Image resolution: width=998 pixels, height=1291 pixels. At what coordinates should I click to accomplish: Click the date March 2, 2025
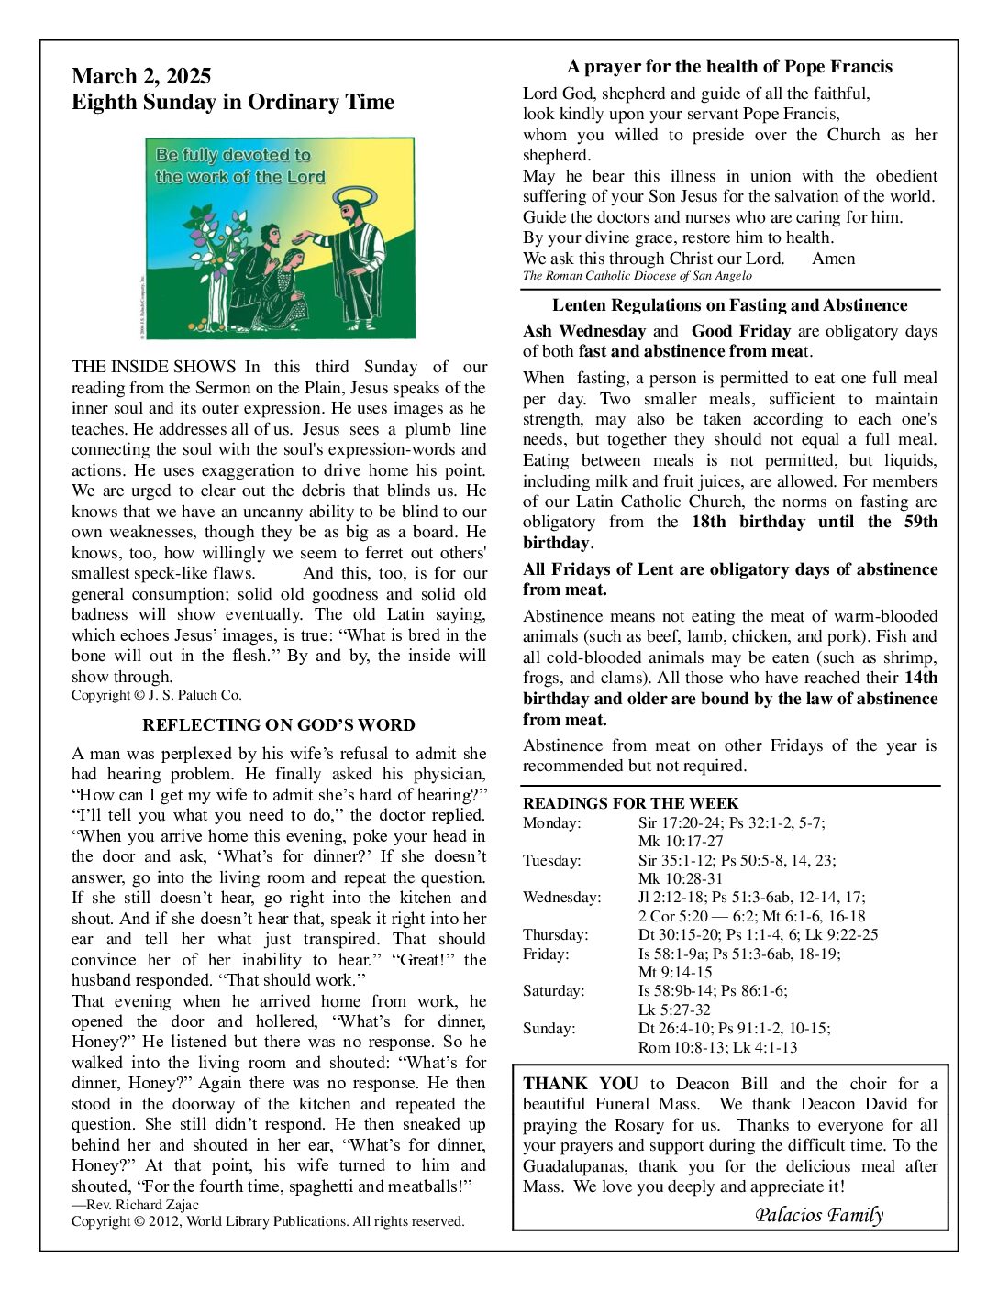coord(141,76)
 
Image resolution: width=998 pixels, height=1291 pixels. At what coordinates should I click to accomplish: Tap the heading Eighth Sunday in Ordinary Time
coord(233,102)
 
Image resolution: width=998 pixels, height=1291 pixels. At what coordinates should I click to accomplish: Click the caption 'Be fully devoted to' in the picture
coord(233,155)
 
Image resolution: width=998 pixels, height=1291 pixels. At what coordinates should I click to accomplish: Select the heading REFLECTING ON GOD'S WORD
coord(279,725)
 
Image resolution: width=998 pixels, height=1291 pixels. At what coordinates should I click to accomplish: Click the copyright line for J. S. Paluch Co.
coord(157,695)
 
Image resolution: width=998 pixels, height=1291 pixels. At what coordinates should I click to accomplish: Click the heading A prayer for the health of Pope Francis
coord(729,66)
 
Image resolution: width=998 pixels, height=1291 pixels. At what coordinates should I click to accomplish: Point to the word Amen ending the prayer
coord(833,259)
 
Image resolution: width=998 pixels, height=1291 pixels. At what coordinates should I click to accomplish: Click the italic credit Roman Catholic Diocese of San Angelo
coord(638,276)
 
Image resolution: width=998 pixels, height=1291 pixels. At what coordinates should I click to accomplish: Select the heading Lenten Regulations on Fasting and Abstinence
coord(729,305)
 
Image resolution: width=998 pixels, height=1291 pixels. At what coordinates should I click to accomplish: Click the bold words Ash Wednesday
coord(584,331)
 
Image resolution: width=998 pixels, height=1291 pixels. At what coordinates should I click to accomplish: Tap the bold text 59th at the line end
coord(917,522)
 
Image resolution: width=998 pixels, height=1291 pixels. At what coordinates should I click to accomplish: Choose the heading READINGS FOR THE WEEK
coord(630,803)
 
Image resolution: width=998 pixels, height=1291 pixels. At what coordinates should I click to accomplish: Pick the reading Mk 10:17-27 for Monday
coord(681,841)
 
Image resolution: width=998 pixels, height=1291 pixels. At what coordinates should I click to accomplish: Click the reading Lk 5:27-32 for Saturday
coord(674,1010)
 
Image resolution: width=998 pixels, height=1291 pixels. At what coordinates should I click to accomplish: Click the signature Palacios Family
coord(818,1216)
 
